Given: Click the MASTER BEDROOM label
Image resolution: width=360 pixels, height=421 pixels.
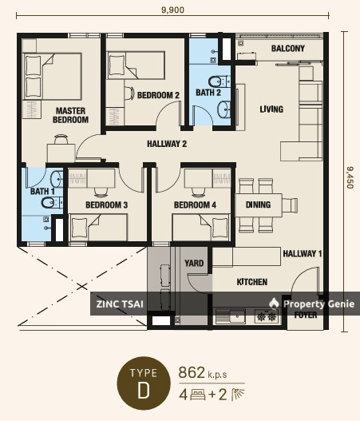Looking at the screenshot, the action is click(x=70, y=115).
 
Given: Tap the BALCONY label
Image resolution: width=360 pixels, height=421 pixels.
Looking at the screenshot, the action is click(x=288, y=48).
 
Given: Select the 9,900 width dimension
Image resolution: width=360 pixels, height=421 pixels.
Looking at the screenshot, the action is click(x=172, y=10).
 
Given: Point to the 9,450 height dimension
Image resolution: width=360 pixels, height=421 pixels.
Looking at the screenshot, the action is click(x=350, y=177).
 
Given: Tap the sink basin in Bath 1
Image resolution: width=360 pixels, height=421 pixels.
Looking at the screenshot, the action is click(x=57, y=179).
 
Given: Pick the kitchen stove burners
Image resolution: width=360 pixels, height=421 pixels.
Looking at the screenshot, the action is click(x=267, y=317).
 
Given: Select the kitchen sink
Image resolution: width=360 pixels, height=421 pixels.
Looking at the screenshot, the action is click(x=231, y=316).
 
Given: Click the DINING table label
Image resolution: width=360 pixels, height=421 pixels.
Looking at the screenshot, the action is click(x=258, y=205).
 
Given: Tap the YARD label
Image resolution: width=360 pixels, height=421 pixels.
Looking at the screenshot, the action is click(x=194, y=263).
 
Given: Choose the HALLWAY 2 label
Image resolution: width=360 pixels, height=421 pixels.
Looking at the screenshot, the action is click(x=167, y=144).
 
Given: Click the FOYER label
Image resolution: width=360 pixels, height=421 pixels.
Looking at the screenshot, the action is click(x=306, y=315).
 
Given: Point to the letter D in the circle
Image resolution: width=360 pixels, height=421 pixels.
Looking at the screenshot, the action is click(x=144, y=390).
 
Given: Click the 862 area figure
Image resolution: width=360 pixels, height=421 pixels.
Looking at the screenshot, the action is click(x=192, y=372).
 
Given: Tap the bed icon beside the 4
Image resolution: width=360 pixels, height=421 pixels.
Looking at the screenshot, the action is click(x=198, y=395).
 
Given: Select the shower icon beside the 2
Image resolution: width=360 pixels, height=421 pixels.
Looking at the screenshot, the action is click(x=238, y=395).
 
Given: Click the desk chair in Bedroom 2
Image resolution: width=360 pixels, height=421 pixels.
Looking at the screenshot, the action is click(x=129, y=93).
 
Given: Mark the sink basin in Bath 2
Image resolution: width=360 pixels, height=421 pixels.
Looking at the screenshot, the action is click(x=224, y=109).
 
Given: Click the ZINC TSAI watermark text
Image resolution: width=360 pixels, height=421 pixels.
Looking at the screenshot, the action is click(x=120, y=304).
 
